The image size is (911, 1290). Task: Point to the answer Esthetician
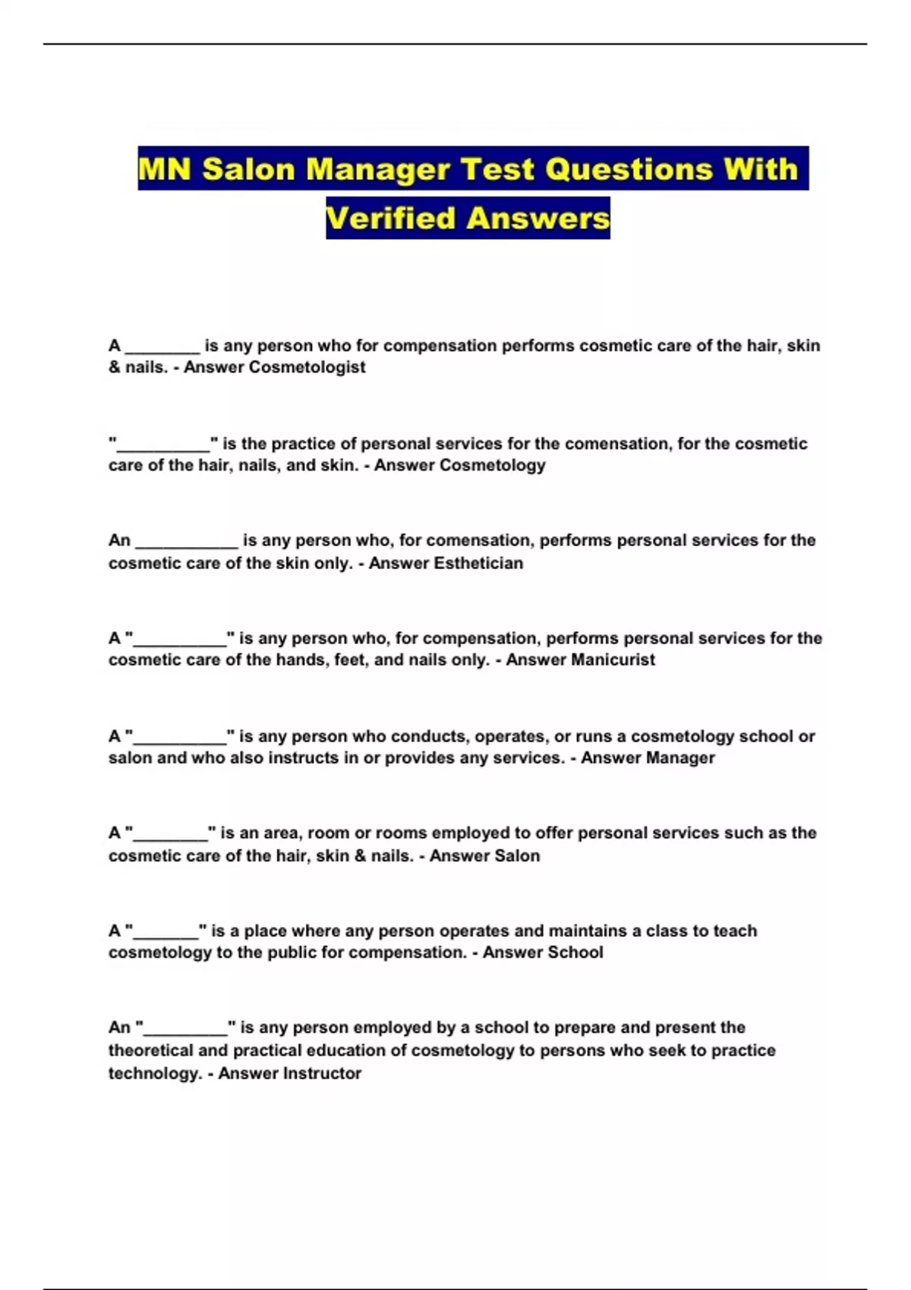478,563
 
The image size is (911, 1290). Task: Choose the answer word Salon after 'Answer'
516,856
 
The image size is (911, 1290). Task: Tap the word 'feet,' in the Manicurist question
350,660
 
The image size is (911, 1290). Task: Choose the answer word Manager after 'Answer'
679,758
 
